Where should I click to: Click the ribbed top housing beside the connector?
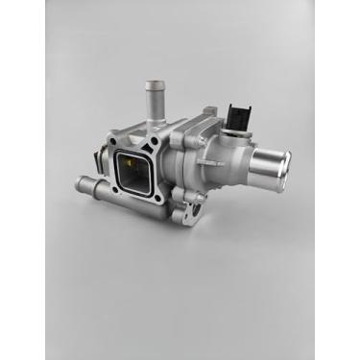click(x=206, y=125)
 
